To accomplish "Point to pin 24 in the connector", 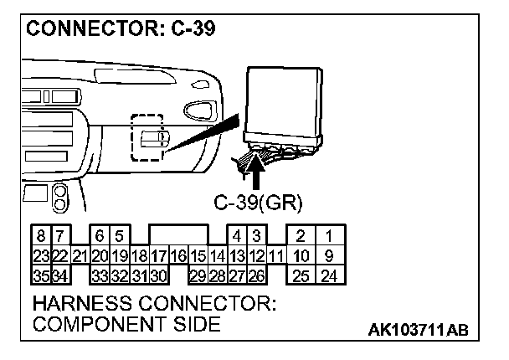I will (x=330, y=275).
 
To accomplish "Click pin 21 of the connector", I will (x=80, y=255).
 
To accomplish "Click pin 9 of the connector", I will (x=330, y=255).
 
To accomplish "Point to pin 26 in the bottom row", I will (x=257, y=275).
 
